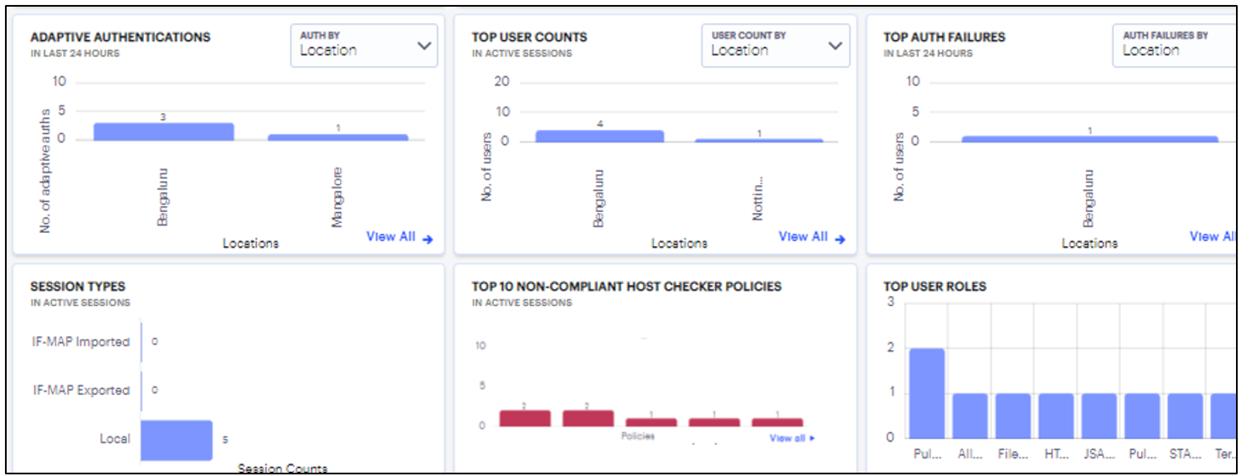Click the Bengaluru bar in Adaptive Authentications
[x=163, y=132]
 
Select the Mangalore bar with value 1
[x=337, y=137]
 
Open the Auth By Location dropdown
[x=364, y=45]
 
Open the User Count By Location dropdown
[x=775, y=45]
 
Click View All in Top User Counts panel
[x=811, y=237]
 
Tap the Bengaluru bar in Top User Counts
[x=600, y=136]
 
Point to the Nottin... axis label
[x=758, y=198]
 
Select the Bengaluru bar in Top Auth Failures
[x=1089, y=138]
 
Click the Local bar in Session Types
[x=177, y=440]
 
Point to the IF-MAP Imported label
[x=81, y=342]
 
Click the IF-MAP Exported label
[x=81, y=391]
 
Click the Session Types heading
[x=78, y=287]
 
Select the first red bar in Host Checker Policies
[x=525, y=418]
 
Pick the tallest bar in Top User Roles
[x=927, y=392]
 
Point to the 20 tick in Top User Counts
[x=502, y=81]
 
